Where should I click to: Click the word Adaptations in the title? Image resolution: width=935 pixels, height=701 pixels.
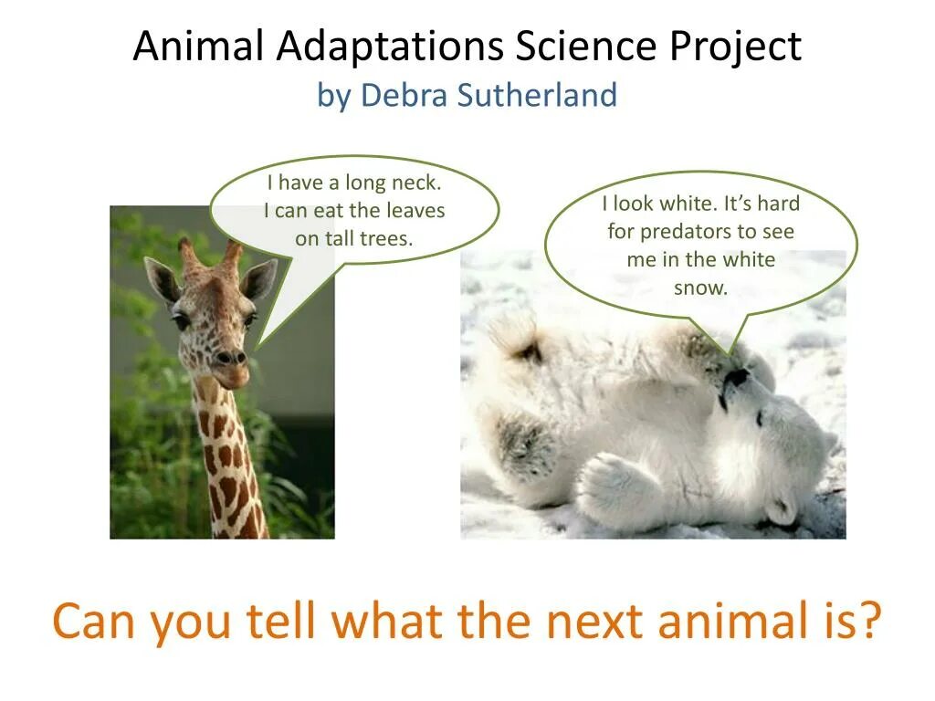click(x=390, y=47)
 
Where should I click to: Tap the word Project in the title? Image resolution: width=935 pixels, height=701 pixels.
click(x=736, y=47)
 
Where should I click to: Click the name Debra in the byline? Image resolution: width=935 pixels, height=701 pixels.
click(x=404, y=95)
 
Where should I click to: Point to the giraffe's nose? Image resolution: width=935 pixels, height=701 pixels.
click(x=231, y=358)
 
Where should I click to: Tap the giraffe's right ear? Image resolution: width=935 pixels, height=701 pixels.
click(x=258, y=279)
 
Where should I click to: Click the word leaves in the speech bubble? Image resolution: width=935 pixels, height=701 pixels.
click(x=415, y=211)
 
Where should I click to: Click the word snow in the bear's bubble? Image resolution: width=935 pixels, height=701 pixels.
click(x=701, y=288)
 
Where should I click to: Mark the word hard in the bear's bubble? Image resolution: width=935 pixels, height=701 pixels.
click(x=779, y=204)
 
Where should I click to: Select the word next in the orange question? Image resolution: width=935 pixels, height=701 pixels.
click(x=594, y=621)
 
